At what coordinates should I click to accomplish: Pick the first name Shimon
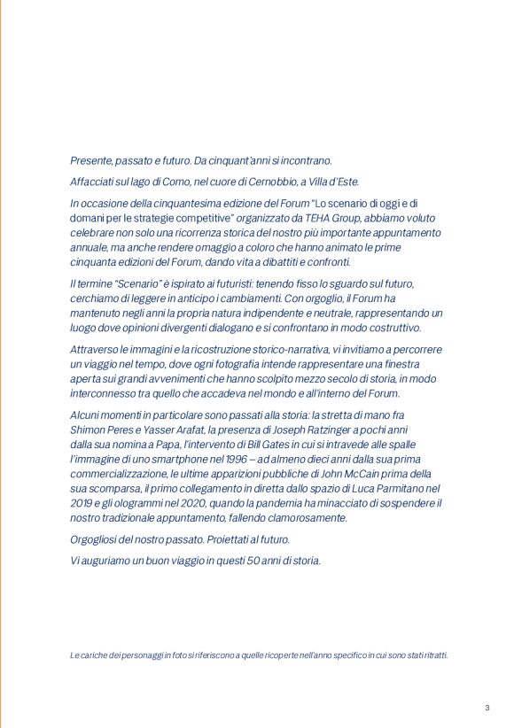click(88, 430)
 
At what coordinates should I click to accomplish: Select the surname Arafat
click(164, 430)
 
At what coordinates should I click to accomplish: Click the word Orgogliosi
click(96, 539)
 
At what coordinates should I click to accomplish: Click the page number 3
click(487, 707)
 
